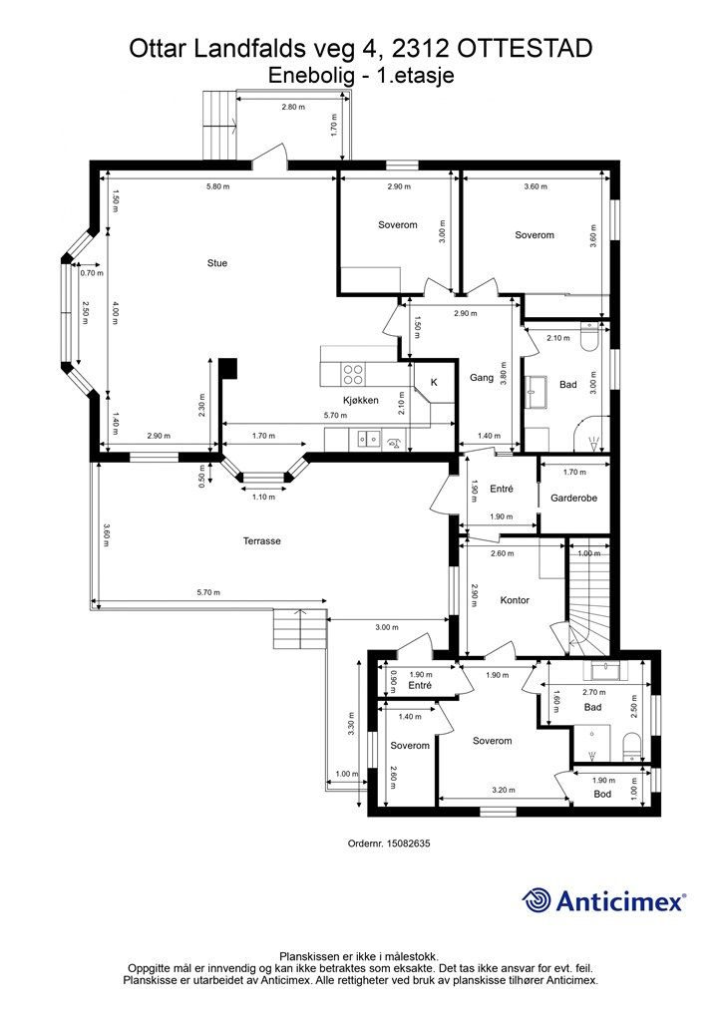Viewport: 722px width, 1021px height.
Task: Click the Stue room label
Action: point(217,263)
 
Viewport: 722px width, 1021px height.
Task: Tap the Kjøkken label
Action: point(361,400)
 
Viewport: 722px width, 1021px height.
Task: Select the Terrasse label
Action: point(261,540)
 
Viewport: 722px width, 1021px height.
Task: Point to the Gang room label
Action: point(482,378)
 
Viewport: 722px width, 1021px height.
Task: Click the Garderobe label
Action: point(573,499)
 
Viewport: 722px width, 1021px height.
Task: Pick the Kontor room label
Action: point(515,599)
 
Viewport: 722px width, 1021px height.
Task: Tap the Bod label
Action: point(602,794)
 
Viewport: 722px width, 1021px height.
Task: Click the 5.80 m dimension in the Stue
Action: point(217,186)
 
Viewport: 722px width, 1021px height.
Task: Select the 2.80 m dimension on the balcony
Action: point(293,107)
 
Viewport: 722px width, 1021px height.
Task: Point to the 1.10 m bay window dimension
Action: point(263,497)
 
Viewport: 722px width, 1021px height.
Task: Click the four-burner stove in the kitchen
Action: point(353,374)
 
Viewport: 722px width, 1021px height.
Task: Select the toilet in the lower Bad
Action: point(632,746)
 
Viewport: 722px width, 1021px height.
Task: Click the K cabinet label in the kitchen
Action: point(434,382)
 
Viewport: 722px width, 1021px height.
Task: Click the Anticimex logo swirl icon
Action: point(537,900)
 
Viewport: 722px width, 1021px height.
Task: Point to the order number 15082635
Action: point(408,843)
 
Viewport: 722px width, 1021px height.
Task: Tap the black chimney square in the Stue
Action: point(228,369)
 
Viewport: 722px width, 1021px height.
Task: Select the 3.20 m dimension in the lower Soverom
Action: point(504,790)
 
